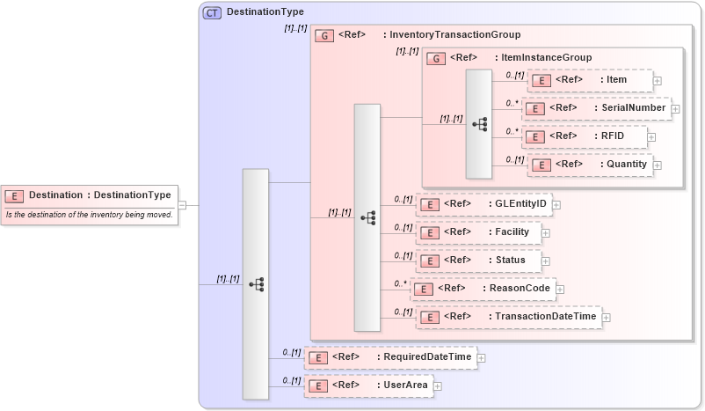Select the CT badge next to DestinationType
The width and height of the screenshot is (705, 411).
pyautogui.click(x=212, y=12)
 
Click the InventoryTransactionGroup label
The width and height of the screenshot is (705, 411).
pyautogui.click(x=454, y=34)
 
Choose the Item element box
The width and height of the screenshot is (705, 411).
pyautogui.click(x=590, y=80)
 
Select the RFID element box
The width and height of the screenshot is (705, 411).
pyautogui.click(x=585, y=136)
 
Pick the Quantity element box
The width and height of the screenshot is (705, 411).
pyautogui.click(x=590, y=164)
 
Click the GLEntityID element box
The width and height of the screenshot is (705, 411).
pyautogui.click(x=483, y=204)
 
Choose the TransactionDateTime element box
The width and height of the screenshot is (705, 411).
pyautogui.click(x=509, y=317)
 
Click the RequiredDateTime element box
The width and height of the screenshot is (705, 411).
pyautogui.click(x=390, y=357)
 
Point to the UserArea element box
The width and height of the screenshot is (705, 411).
pyautogui.click(x=368, y=385)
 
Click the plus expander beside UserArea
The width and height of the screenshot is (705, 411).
pyautogui.click(x=437, y=385)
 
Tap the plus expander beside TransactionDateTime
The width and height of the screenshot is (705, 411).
pyautogui.click(x=607, y=317)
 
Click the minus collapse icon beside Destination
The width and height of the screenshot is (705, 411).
pyautogui.click(x=182, y=205)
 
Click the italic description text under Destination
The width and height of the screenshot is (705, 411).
pyautogui.click(x=89, y=215)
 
